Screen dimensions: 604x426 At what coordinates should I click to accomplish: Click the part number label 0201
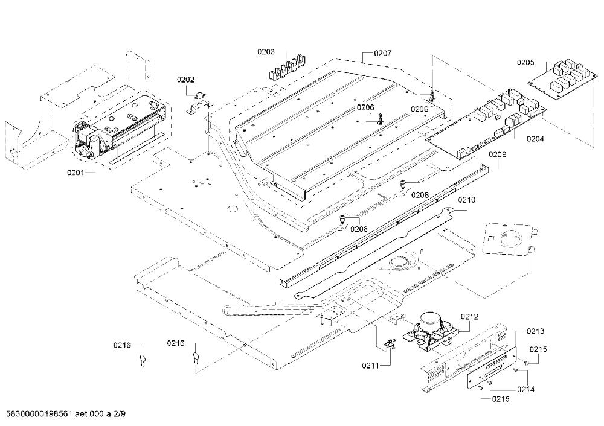pyautogui.click(x=75, y=173)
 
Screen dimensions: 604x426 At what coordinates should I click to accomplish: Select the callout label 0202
pyautogui.click(x=185, y=80)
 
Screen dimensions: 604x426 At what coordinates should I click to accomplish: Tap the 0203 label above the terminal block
pyautogui.click(x=266, y=51)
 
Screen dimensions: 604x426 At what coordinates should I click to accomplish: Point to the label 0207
pyautogui.click(x=382, y=54)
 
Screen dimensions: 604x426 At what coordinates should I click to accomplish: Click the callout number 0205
pyautogui.click(x=525, y=62)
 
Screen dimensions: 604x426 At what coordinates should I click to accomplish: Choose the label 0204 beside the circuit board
pyautogui.click(x=535, y=139)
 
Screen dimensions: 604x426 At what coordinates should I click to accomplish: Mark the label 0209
pyautogui.click(x=497, y=154)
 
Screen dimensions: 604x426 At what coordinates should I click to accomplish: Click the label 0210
pyautogui.click(x=466, y=200)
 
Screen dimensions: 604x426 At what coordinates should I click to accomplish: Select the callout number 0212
pyautogui.click(x=469, y=317)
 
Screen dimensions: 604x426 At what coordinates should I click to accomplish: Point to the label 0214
pyautogui.click(x=526, y=389)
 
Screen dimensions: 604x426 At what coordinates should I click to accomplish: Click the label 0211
pyautogui.click(x=370, y=366)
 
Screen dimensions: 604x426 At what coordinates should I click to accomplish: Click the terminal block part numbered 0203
pyautogui.click(x=286, y=68)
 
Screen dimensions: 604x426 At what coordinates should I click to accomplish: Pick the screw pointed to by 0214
pyautogui.click(x=515, y=370)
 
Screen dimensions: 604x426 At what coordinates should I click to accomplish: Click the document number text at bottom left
pyautogui.click(x=65, y=414)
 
